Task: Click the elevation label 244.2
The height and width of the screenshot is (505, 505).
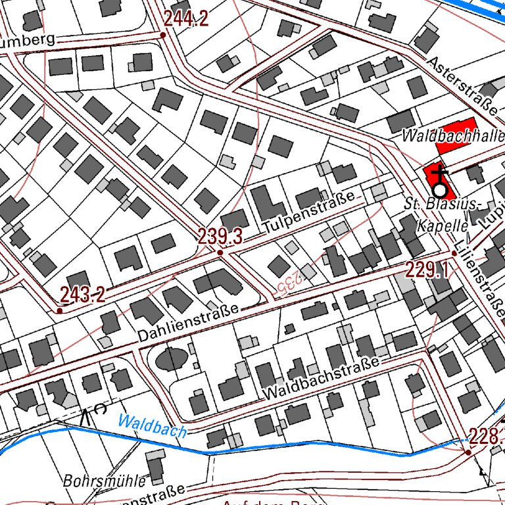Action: pos(186,20)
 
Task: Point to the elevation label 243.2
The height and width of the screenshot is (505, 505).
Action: pos(82,295)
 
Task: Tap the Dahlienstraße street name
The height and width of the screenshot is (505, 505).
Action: pos(189,323)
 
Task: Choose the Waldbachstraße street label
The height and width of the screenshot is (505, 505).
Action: pos(322,379)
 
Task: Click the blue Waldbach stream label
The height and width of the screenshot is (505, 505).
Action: pos(153,426)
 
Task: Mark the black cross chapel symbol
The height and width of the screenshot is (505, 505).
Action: pos(439,175)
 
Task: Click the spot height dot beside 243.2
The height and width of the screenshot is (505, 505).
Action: pos(59,310)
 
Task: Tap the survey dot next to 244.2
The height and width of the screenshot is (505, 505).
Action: pos(162,35)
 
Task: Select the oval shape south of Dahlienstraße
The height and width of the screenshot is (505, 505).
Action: pos(171,359)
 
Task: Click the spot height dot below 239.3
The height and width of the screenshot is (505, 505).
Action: pos(220,251)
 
